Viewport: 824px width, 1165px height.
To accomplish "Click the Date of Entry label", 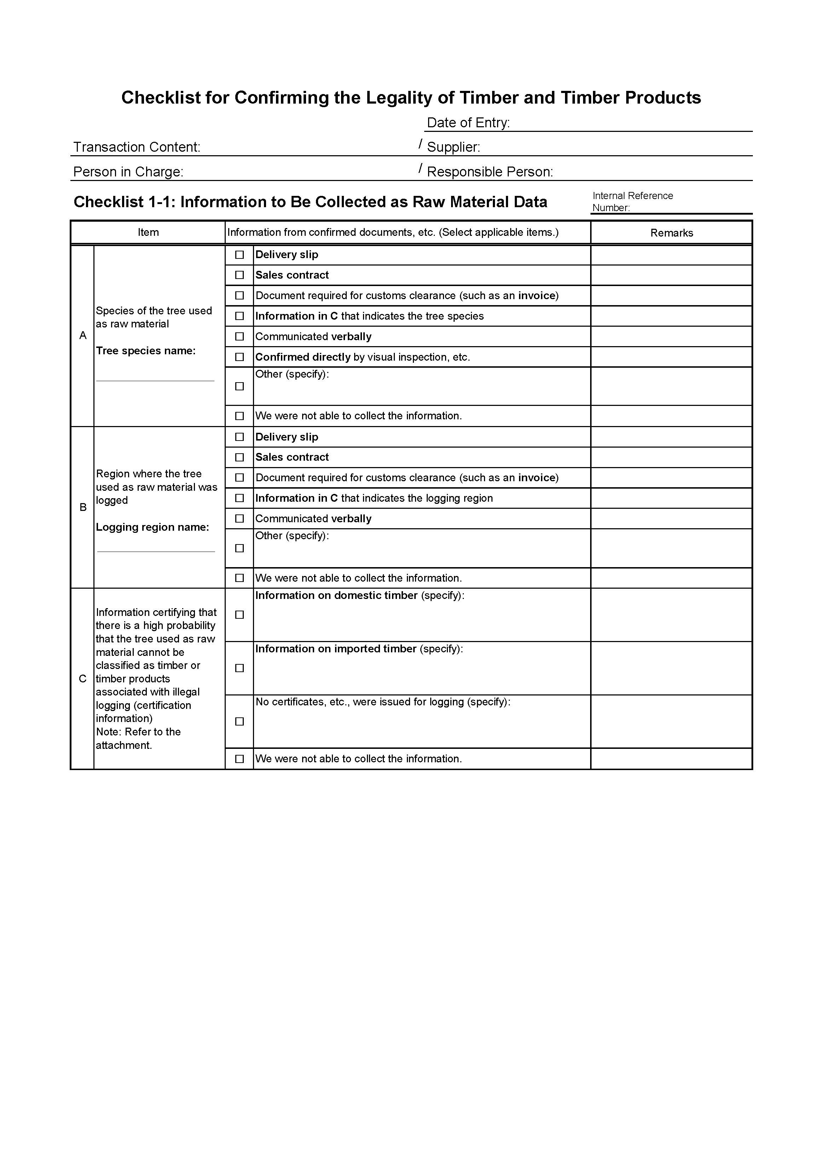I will click(x=468, y=123).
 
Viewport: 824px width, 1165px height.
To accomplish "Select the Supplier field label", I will click(x=453, y=147).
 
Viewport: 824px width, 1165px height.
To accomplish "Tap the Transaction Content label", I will click(x=137, y=147).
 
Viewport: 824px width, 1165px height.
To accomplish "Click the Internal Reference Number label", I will click(x=632, y=202).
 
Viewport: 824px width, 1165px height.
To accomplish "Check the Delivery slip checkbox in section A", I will click(x=240, y=255).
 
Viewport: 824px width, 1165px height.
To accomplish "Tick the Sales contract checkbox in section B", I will click(x=240, y=457).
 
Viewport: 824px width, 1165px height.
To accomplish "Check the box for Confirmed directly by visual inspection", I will click(x=240, y=357).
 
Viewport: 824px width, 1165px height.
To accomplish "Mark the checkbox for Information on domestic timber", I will click(x=240, y=615).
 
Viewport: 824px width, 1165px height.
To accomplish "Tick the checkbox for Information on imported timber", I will click(x=240, y=668).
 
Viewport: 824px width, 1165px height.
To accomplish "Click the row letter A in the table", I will click(x=83, y=336).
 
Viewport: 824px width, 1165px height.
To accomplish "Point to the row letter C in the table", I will click(x=83, y=679).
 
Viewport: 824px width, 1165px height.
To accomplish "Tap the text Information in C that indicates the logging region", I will click(x=374, y=498).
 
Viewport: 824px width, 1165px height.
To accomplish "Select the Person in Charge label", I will click(x=128, y=172).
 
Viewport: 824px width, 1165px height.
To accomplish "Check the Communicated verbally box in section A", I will click(x=240, y=336).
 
